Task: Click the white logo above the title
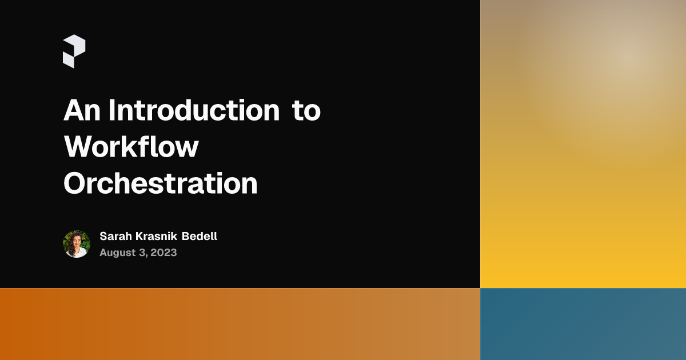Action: [74, 51]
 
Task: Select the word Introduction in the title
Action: [194, 110]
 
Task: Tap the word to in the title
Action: [306, 111]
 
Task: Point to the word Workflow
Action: [131, 147]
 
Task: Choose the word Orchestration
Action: [160, 184]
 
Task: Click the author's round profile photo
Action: [77, 244]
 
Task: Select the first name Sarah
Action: [114, 236]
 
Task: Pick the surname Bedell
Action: [200, 236]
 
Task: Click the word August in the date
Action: [117, 253]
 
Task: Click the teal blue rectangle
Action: [583, 324]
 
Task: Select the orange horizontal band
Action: [240, 324]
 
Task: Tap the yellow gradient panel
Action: [583, 171]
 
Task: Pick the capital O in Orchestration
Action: [75, 184]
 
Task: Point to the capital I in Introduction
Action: [112, 110]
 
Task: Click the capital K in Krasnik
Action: [138, 236]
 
